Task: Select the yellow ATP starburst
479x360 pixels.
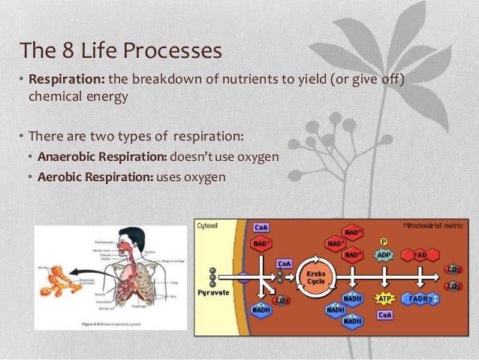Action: [x=386, y=298]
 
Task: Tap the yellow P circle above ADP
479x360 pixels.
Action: [x=383, y=241]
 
